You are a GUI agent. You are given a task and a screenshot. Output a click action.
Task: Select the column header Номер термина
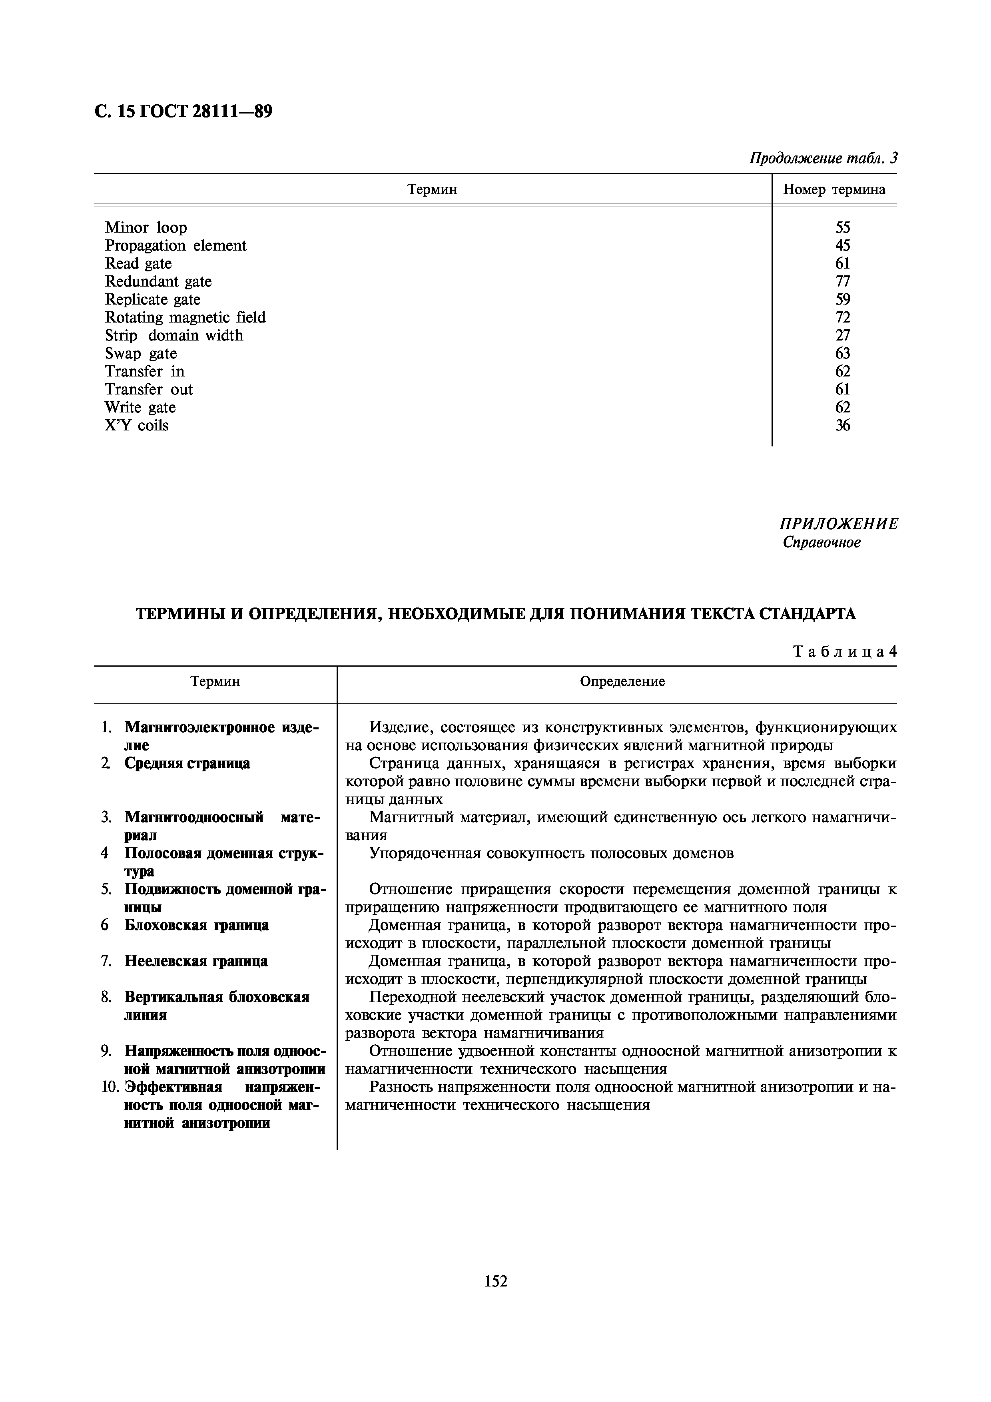click(834, 189)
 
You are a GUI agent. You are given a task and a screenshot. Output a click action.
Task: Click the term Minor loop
click(146, 228)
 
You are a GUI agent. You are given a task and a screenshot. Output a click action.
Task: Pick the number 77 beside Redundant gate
click(842, 281)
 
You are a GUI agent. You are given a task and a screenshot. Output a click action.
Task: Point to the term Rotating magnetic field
click(185, 317)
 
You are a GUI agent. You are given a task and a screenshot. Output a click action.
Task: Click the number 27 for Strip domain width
click(842, 335)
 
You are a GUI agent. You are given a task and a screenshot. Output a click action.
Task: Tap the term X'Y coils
click(136, 426)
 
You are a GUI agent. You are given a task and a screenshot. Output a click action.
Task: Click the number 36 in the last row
click(842, 426)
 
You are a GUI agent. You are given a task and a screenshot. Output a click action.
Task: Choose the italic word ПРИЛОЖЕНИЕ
click(838, 524)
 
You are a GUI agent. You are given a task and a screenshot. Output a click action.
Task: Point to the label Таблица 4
click(844, 651)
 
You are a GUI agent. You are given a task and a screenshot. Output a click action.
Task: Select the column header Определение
click(622, 681)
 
